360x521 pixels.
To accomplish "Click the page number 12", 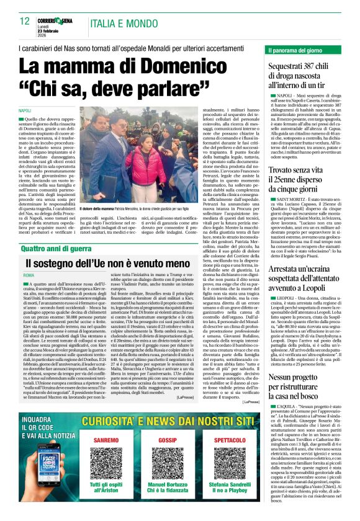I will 25,20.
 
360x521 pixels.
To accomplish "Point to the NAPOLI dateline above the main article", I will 30,110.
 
